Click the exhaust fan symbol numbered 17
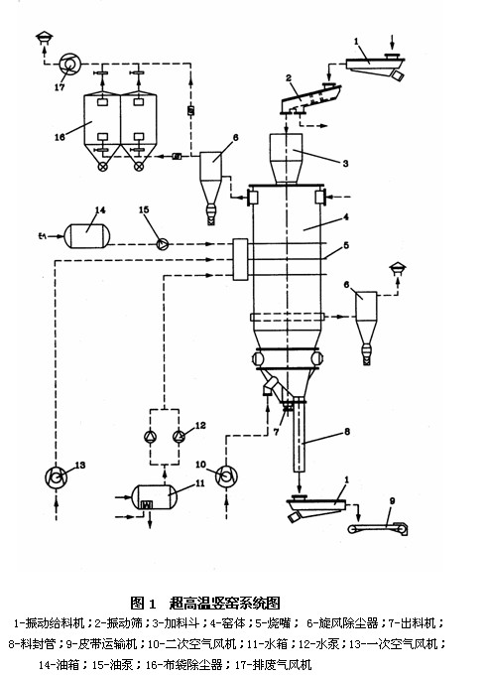point(69,64)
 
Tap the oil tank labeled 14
point(86,235)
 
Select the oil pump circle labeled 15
point(163,244)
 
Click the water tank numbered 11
point(154,497)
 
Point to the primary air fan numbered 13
point(57,477)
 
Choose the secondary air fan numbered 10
point(226,476)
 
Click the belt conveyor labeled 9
point(378,528)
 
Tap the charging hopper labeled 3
point(286,159)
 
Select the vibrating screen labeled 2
point(310,99)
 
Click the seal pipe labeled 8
point(300,438)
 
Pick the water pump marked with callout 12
point(179,437)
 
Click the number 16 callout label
point(60,137)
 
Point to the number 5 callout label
point(346,245)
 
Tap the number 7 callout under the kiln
point(277,432)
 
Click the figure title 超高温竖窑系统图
point(225,603)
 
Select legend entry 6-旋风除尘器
point(342,623)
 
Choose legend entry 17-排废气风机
point(273,664)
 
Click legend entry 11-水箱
point(267,644)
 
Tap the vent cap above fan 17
point(44,38)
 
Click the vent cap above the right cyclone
point(398,270)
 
